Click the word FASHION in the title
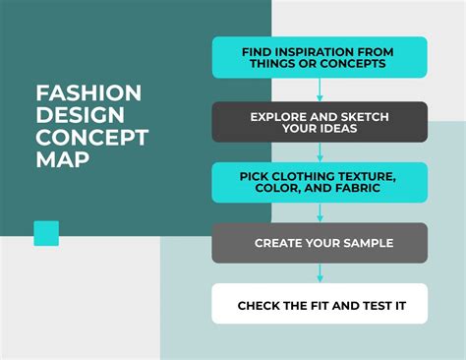coord(88,93)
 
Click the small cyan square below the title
coord(46,233)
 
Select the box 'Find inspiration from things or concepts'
coord(320,57)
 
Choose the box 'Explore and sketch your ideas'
coord(320,122)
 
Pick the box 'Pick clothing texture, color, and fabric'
coord(320,183)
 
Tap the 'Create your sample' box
coord(320,243)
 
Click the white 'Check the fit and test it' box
coord(320,305)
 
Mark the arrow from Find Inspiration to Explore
coord(320,90)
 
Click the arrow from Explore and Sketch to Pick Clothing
coord(320,152)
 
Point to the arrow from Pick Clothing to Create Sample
coord(320,212)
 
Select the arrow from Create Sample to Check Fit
coord(320,273)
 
